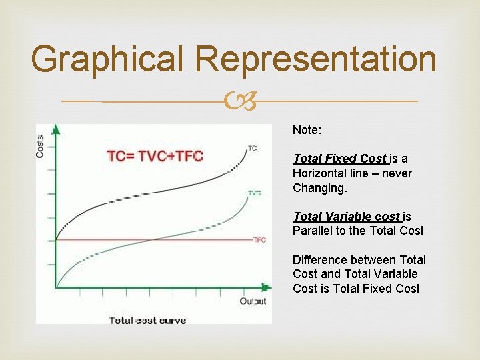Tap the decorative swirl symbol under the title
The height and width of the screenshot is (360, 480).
[x=240, y=102]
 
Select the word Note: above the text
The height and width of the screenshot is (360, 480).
[x=306, y=131]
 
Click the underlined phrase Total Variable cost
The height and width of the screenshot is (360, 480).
[x=347, y=217]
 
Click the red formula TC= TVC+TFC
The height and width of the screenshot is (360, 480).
[x=155, y=156]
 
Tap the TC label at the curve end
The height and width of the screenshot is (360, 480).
[x=252, y=148]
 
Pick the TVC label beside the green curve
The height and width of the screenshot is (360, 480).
[x=254, y=193]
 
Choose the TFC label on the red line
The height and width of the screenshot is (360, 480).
[x=259, y=239]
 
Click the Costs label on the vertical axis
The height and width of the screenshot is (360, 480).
[x=41, y=145]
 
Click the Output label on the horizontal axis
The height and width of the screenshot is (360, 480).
[x=253, y=301]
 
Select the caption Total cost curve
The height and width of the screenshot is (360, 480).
[x=147, y=320]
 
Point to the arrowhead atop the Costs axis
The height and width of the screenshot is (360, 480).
[x=56, y=129]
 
